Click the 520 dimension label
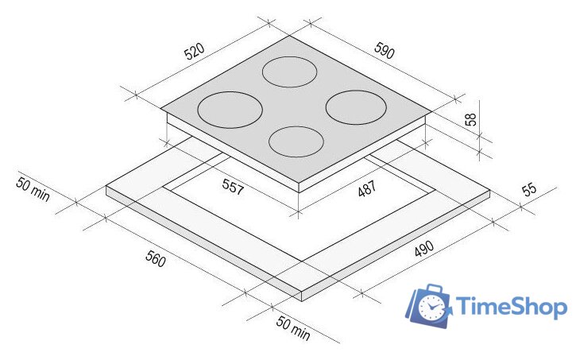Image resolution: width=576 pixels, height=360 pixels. tap(195, 52)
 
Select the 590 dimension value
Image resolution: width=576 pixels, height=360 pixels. tap(385, 50)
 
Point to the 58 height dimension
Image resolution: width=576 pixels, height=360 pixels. tap(470, 119)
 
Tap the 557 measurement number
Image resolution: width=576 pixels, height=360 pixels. tap(233, 187)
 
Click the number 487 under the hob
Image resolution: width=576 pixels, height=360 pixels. tap(367, 188)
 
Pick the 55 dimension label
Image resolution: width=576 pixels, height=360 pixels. tap(529, 190)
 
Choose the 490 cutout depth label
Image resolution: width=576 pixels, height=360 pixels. tap(424, 249)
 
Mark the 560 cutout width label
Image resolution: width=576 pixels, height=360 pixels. tap(156, 258)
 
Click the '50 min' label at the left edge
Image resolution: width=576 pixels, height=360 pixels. tap(33, 189)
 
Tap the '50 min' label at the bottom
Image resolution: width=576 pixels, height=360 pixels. tap(293, 327)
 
